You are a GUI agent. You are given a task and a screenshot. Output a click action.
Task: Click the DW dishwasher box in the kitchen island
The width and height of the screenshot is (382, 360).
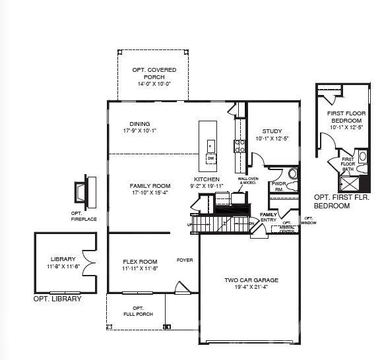coord(211,159)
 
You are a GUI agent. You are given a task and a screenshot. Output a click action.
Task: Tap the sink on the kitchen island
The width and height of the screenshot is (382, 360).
coord(211,146)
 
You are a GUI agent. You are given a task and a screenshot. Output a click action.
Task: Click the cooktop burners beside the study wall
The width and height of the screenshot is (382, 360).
coord(239,145)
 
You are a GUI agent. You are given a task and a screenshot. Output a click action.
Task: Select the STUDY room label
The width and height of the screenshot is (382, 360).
coord(272,131)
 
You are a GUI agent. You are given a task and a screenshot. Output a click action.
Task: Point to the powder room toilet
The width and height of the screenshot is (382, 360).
coord(293,174)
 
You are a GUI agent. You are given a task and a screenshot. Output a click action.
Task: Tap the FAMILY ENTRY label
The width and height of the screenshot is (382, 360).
coord(269,217)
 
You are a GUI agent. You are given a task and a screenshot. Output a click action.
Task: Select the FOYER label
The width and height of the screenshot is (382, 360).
coord(185,260)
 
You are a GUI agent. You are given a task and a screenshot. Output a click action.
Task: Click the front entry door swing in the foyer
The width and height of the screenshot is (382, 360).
coord(180,287)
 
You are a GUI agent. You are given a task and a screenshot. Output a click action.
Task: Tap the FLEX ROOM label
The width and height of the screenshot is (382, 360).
coord(139,261)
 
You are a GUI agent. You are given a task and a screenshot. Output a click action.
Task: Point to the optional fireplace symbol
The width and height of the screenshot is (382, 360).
coord(82,192)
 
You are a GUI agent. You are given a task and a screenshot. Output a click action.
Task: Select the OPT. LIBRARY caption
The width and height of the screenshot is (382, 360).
coord(57,299)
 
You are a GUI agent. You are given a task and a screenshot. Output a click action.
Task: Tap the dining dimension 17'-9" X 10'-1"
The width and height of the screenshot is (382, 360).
coord(139,131)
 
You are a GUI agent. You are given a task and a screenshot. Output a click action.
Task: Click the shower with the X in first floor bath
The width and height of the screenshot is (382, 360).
coord(351,183)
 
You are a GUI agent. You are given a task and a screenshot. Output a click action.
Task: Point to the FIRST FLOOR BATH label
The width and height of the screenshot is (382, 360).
coord(348,164)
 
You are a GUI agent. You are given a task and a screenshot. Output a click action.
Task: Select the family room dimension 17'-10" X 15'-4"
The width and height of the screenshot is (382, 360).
coord(150,193)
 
